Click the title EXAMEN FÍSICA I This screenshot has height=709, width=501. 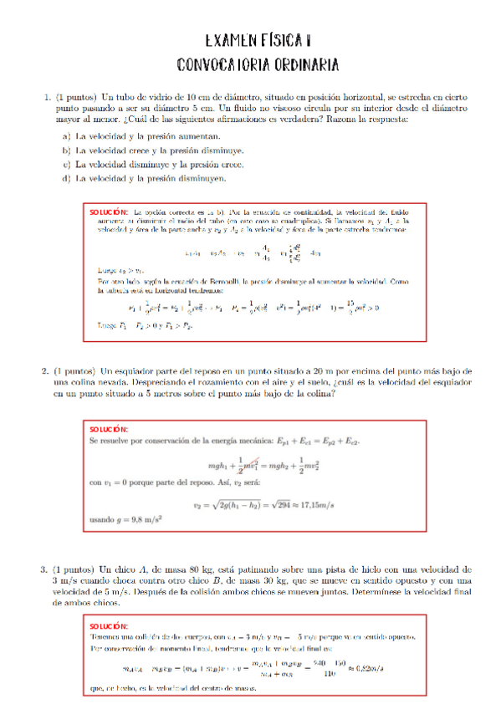[x=258, y=40]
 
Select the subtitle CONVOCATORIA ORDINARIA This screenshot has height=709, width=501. [x=258, y=64]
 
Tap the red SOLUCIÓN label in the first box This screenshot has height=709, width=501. [x=108, y=213]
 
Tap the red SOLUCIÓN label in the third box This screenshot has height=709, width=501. [x=108, y=625]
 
